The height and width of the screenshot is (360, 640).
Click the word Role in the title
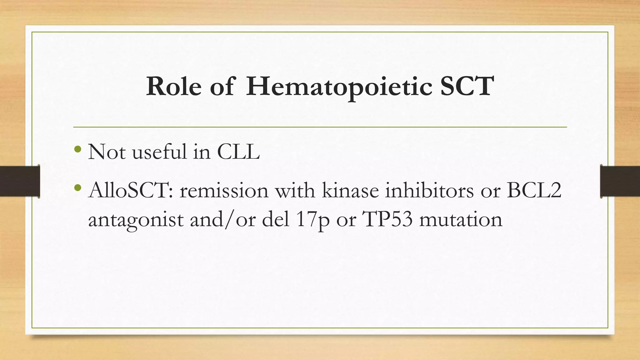174,86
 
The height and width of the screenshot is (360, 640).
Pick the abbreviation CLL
238,152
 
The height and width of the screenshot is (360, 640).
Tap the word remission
224,190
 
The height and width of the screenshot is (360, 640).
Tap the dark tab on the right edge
620,181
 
